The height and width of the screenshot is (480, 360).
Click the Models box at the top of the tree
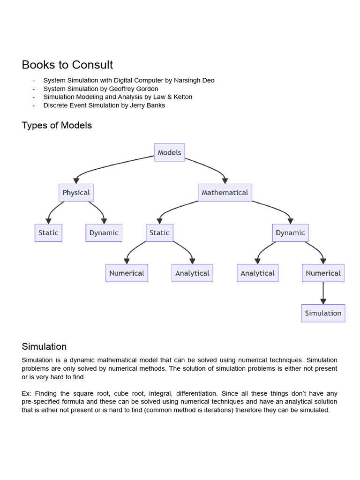[x=169, y=152]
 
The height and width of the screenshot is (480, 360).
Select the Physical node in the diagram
[x=76, y=193]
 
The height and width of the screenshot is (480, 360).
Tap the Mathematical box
[x=225, y=193]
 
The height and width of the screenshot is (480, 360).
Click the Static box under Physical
[x=48, y=233]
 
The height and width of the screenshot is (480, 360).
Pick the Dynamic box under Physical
[x=104, y=233]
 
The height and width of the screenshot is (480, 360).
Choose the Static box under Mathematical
[x=159, y=233]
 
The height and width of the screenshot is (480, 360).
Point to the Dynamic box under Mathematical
[x=290, y=233]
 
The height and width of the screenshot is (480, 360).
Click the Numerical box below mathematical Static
[x=127, y=273]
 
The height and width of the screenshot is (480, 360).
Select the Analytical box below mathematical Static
[x=192, y=273]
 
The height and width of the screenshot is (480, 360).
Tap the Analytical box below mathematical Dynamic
[x=257, y=273]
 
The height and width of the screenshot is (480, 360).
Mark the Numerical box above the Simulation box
[x=323, y=273]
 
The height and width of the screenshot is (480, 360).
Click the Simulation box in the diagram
[x=323, y=313]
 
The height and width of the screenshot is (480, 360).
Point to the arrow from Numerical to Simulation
[x=323, y=293]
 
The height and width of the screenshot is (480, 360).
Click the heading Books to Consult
[x=67, y=65]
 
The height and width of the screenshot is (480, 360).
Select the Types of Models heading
[x=57, y=126]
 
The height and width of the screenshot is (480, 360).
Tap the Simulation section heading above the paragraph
[x=44, y=347]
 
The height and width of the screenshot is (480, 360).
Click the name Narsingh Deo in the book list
[x=194, y=80]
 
